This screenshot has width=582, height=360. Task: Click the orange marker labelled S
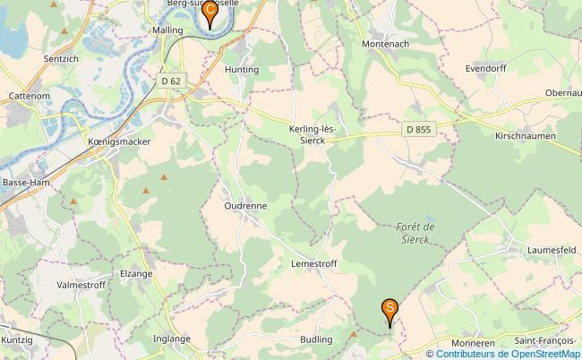(390, 310)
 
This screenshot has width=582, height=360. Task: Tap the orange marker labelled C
(210, 13)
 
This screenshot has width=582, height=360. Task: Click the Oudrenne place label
(244, 205)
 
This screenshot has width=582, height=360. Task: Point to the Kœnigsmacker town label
(119, 141)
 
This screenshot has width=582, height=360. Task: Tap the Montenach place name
(386, 43)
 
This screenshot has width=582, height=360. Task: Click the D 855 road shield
(416, 130)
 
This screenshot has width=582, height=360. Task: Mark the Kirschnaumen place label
(526, 136)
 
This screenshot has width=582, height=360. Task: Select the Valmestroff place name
(81, 285)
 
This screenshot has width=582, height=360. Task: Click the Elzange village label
(135, 273)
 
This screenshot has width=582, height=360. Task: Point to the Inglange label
(171, 339)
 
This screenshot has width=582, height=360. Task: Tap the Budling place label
(316, 340)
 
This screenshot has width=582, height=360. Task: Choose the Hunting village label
(242, 69)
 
